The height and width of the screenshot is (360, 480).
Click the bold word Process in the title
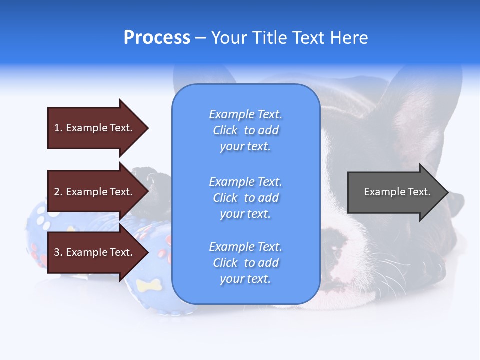(x=157, y=38)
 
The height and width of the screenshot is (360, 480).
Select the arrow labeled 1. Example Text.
(x=97, y=128)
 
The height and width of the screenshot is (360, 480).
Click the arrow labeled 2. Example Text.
(x=97, y=192)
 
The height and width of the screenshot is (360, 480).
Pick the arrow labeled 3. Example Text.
(x=97, y=252)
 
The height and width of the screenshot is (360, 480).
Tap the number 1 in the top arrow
(x=57, y=128)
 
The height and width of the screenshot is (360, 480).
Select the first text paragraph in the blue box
(x=245, y=130)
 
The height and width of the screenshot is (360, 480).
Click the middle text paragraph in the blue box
(x=245, y=198)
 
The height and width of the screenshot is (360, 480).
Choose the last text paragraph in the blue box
(x=245, y=263)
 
